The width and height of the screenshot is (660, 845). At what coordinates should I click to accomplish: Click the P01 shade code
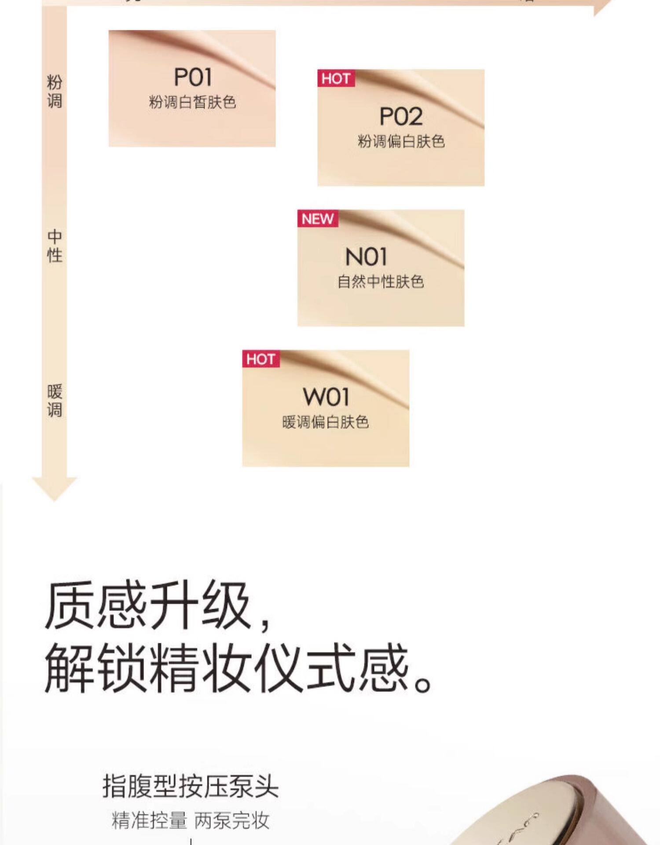(x=193, y=77)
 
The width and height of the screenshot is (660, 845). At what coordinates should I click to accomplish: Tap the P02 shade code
(x=401, y=117)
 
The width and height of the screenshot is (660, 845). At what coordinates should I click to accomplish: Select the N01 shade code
(x=366, y=257)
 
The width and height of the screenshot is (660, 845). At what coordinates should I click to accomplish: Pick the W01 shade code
(x=326, y=397)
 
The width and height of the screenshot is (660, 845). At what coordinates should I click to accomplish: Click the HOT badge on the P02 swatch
(x=336, y=79)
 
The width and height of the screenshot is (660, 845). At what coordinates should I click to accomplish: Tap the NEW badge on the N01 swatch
(x=318, y=219)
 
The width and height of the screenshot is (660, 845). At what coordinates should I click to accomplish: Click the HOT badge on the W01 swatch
(x=260, y=359)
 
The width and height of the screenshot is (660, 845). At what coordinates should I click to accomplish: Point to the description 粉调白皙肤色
(x=193, y=103)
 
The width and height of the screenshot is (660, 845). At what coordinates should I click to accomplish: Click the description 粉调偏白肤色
(x=401, y=142)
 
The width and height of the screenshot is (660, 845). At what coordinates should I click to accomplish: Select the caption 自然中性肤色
(x=381, y=282)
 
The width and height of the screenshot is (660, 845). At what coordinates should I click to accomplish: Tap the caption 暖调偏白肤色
(x=326, y=422)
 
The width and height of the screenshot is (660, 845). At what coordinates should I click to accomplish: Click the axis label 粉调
(x=55, y=92)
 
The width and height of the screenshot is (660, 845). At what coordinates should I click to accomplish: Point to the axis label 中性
(x=55, y=246)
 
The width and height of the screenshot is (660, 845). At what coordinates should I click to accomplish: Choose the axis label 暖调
(x=55, y=400)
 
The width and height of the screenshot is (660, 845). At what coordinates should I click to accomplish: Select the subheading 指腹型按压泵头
(x=191, y=786)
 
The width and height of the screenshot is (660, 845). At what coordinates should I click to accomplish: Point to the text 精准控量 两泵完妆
(x=191, y=820)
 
